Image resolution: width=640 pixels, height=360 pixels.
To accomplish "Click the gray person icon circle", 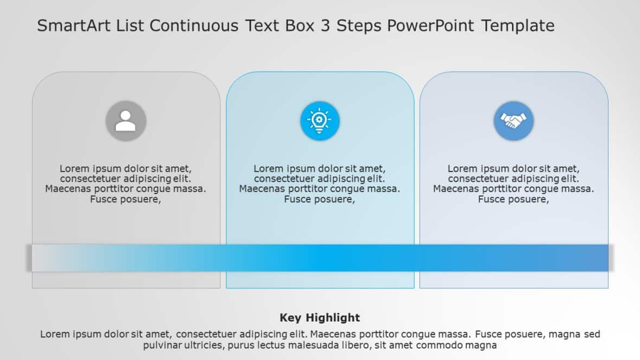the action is coord(126,121).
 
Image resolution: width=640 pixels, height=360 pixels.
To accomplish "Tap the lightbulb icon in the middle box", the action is coord(319,121).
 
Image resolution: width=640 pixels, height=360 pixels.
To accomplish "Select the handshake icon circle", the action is coord(514,121).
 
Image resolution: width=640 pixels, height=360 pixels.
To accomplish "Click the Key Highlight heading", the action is coord(320,318).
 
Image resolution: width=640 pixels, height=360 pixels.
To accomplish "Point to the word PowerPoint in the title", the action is coord(430,25).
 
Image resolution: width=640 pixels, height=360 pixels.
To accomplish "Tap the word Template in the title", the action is coord(518,25).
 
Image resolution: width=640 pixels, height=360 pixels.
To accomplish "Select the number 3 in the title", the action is coord(325,25).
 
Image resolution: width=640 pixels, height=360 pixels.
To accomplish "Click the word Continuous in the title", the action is coord(194,25).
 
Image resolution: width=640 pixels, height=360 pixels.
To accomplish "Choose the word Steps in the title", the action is coord(359,25).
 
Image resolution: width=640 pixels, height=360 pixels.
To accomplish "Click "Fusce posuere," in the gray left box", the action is coord(126,199).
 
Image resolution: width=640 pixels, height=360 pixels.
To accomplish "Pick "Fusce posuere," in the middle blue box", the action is coord(319,199).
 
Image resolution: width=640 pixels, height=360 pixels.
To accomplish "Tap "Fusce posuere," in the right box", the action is coord(514,199).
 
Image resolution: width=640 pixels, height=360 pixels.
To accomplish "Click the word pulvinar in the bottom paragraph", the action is coord(162,345).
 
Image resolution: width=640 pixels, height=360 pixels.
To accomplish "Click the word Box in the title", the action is coord(299,25).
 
